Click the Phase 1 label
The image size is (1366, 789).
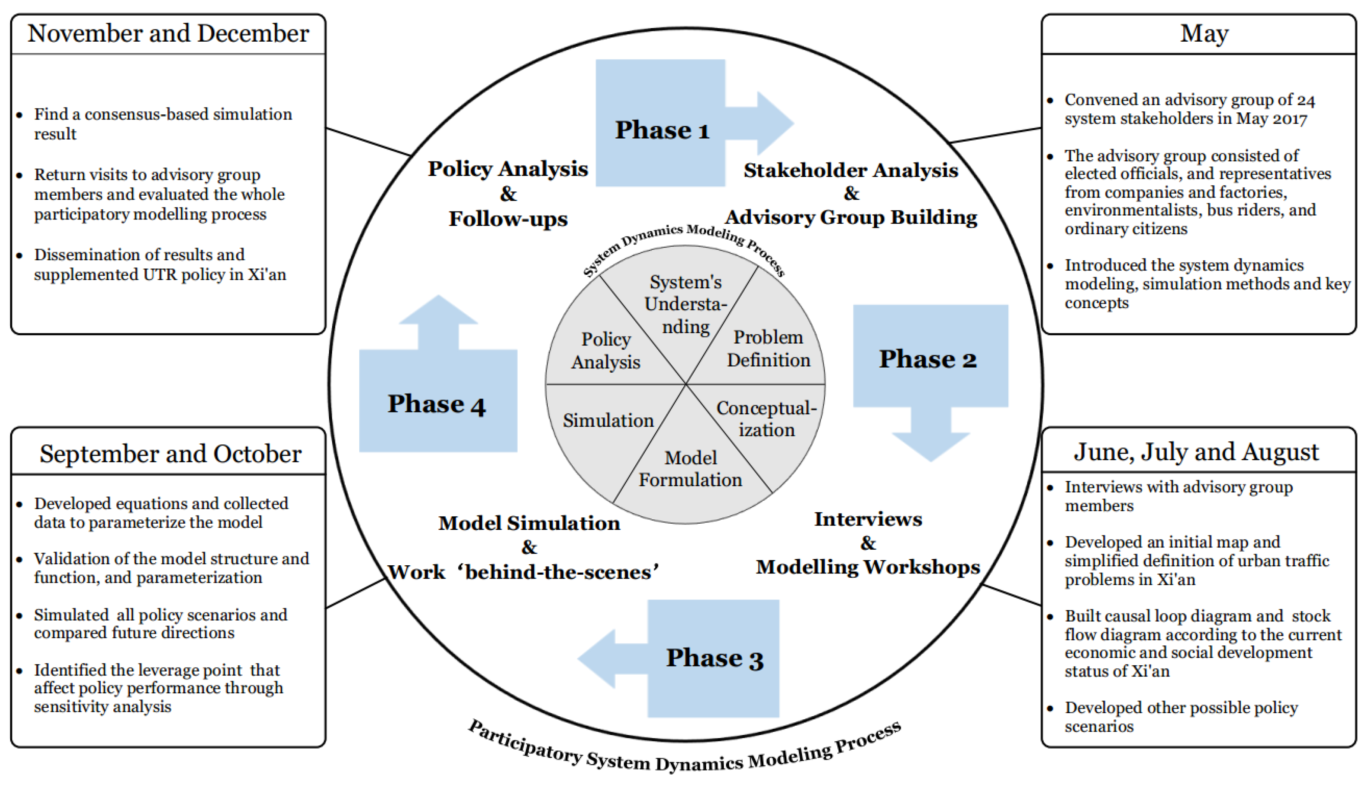(x=662, y=130)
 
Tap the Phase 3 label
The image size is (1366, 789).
(x=714, y=658)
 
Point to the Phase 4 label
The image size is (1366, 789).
(x=436, y=404)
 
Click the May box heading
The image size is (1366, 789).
(x=1204, y=33)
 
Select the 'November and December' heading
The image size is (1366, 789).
(x=168, y=33)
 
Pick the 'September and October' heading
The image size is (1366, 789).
(x=170, y=454)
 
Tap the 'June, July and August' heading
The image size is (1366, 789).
(x=1196, y=452)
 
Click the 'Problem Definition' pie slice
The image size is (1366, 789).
(x=768, y=349)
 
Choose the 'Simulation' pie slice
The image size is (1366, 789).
(x=608, y=421)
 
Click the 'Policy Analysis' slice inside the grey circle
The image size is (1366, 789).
(x=605, y=351)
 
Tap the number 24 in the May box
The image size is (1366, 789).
(x=1305, y=100)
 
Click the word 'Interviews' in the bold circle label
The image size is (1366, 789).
(x=867, y=519)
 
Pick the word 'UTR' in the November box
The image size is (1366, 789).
(x=160, y=275)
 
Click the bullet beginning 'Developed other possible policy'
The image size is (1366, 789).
(x=1181, y=716)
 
